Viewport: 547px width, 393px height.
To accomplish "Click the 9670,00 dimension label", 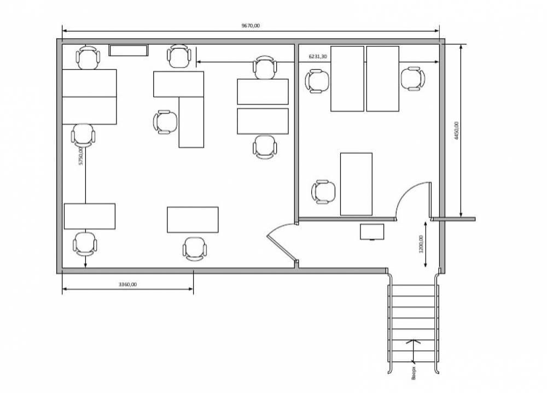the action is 251,26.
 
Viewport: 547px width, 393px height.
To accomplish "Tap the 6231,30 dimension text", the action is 318,56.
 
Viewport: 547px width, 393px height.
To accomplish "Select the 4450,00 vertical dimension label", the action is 456,131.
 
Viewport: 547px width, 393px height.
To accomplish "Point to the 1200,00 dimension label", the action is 421,244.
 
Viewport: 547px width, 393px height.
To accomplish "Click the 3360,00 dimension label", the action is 127,284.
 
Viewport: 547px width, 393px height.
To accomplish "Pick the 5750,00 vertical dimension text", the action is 80,156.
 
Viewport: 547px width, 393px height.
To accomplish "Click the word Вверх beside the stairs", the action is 414,373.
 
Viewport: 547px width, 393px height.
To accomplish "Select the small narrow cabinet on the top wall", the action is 129,51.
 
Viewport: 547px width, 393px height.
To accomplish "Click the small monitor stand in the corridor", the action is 372,232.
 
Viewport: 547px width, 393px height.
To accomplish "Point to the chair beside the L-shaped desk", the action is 165,122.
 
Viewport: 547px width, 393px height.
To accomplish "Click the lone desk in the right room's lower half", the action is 356,184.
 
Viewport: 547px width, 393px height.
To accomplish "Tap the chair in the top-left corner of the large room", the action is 88,57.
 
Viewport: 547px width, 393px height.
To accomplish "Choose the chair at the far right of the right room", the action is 413,79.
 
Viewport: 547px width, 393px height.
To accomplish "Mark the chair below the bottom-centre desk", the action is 195,249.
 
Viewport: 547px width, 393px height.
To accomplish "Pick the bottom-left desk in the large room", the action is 90,216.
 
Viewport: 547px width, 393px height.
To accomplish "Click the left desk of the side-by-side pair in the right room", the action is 347,79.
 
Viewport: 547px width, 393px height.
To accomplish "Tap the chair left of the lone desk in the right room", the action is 323,192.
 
